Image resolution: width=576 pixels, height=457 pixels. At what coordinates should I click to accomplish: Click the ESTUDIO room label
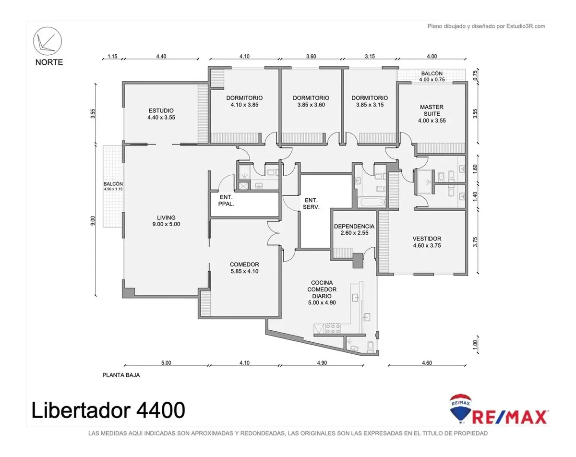161,114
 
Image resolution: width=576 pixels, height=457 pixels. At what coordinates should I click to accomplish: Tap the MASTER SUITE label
432,114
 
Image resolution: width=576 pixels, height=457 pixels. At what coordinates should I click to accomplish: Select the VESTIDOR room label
427,242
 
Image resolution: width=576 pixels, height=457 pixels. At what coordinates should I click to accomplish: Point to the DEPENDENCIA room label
354,229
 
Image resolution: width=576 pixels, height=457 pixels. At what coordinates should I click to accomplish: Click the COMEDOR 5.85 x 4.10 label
244,268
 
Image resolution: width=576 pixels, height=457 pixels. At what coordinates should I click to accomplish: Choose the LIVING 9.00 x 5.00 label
166,221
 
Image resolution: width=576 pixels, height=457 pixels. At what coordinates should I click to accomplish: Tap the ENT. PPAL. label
226,200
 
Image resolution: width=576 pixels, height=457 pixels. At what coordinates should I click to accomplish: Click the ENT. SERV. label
311,204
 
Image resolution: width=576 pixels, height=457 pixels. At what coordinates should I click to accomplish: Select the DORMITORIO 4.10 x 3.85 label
244,101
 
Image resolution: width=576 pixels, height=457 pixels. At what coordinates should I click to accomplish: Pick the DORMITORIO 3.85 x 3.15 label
370,101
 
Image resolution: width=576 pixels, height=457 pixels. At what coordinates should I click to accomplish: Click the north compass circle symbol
48,41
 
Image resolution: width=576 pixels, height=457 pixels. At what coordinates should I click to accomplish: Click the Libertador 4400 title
108,410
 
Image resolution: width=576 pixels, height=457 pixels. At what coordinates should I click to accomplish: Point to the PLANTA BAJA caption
121,375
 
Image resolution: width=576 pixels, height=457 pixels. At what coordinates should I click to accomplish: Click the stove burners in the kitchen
333,329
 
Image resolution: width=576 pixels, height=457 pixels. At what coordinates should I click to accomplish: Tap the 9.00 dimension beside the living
93,221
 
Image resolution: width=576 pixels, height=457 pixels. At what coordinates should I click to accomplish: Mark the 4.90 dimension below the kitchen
322,363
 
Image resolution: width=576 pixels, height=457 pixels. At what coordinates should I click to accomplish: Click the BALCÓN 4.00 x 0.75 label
432,76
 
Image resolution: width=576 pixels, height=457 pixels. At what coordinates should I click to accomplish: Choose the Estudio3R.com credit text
486,26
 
